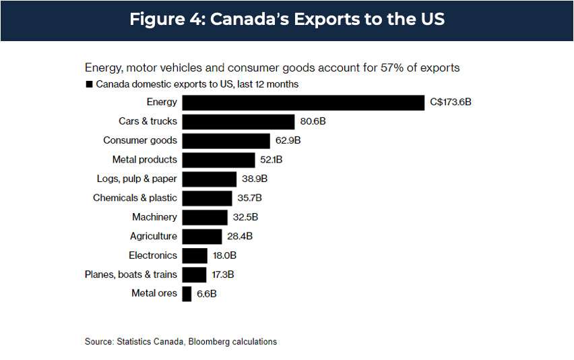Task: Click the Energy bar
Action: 303,102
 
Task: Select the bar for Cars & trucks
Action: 238,121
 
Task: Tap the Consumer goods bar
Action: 226,140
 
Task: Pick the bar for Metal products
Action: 219,160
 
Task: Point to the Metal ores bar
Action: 187,293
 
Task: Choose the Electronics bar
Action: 195,256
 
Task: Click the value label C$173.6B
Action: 451,102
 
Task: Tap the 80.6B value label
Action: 313,121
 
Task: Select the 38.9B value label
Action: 255,179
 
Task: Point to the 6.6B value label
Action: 207,293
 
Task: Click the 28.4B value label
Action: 240,236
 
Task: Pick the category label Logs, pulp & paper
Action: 137,179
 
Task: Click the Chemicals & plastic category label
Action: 135,198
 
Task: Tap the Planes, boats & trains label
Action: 131,274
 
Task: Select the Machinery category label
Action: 155,217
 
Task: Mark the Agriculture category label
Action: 154,236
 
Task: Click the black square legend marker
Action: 88,85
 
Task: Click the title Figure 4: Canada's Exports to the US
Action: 287,19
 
